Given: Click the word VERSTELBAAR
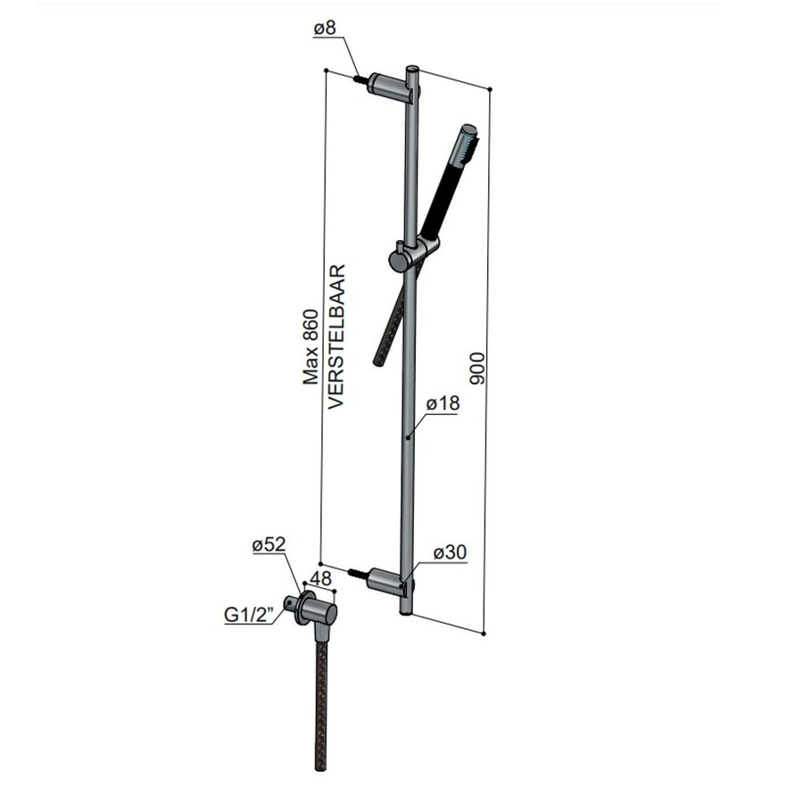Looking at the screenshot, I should [336, 335].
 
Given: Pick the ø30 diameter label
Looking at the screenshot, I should [451, 554].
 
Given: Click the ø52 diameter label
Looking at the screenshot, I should [268, 544].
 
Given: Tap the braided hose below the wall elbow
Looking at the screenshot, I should [321, 705].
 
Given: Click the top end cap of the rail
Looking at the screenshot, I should [411, 69].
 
